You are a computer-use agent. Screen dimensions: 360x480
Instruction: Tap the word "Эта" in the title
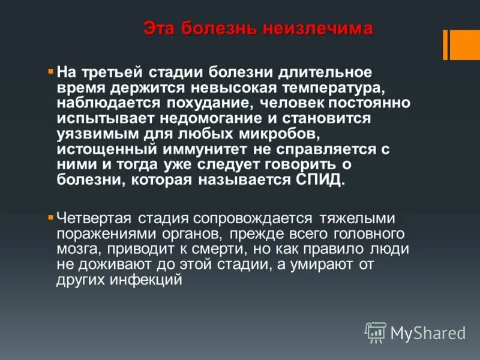click(x=159, y=29)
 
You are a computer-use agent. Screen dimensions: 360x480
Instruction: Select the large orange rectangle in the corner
click(x=465, y=45)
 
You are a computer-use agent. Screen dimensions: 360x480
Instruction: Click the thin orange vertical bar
click(x=445, y=45)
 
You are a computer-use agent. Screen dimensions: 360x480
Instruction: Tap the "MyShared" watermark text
click(x=428, y=333)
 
